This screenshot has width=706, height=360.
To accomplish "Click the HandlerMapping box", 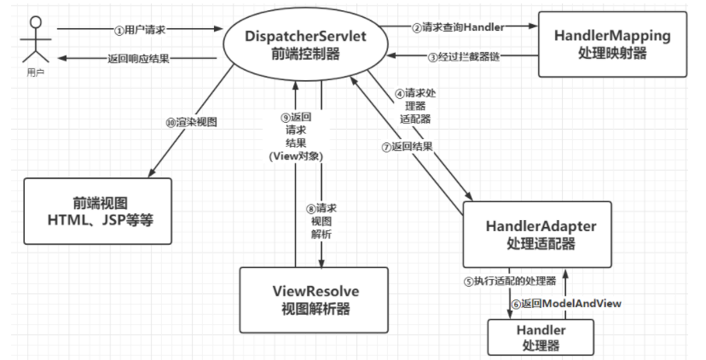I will [611, 44].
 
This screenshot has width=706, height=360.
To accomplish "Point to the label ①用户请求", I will [140, 29].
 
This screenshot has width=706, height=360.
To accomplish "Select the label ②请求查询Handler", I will [458, 26].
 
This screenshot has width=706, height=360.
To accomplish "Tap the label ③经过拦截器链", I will [461, 57].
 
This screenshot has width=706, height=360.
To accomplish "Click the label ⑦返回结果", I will [406, 146].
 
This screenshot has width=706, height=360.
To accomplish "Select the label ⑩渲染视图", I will [191, 122].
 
